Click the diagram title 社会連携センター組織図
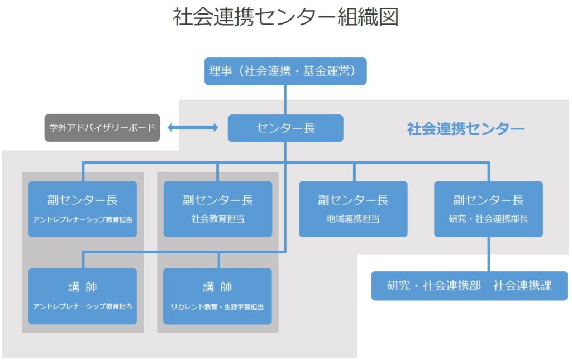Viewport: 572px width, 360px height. click(285, 17)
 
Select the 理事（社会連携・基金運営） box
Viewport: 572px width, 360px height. click(285, 71)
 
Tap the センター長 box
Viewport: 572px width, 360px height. click(285, 128)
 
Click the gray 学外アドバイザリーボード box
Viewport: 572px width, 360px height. click(102, 128)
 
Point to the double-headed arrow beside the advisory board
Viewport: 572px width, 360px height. click(193, 127)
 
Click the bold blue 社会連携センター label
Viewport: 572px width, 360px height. click(465, 128)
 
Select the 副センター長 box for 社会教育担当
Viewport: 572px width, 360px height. click(218, 209)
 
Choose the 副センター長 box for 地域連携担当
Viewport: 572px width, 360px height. click(353, 209)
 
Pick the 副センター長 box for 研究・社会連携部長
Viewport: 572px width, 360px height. click(488, 209)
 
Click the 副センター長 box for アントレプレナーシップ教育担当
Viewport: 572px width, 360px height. click(83, 209)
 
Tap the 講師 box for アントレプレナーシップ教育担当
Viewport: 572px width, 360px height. click(83, 296)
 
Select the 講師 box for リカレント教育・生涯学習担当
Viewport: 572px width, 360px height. click(217, 296)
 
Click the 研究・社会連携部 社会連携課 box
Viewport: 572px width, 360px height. click(469, 286)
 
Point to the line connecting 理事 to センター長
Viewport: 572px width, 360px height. click(285, 100)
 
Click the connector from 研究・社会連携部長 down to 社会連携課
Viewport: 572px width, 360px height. click(488, 254)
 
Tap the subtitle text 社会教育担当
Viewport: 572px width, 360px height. click(218, 219)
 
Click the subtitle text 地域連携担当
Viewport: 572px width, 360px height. click(353, 219)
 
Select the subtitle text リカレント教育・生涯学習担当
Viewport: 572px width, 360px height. click(217, 307)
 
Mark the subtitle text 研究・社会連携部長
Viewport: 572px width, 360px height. click(488, 219)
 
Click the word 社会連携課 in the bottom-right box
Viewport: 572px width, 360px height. click(522, 286)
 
